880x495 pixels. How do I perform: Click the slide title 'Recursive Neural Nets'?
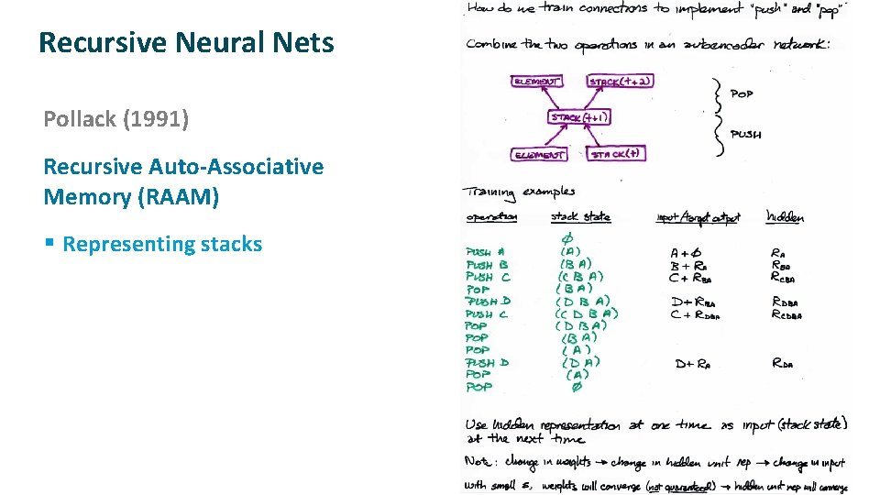coord(186,42)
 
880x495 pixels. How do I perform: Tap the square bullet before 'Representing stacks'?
coord(49,245)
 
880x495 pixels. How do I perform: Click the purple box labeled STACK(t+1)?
coord(579,117)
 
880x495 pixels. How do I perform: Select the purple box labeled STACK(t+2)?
coord(621,82)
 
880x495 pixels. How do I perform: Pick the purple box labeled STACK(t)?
coord(615,154)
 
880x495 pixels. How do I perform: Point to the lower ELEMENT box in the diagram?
coord(539,155)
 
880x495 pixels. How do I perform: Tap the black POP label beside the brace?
coord(742,93)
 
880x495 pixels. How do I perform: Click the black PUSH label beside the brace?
coord(745,134)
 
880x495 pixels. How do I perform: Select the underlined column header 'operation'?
coord(491,217)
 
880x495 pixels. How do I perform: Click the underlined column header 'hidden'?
coord(785,217)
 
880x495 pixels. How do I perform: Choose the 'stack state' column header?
coord(580,217)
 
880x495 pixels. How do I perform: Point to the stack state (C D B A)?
coord(587,313)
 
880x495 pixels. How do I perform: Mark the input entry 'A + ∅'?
coord(687,253)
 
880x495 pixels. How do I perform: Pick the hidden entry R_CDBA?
coord(786,314)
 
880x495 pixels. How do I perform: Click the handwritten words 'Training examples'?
coord(520,192)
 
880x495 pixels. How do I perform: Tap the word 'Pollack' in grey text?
coord(80,119)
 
